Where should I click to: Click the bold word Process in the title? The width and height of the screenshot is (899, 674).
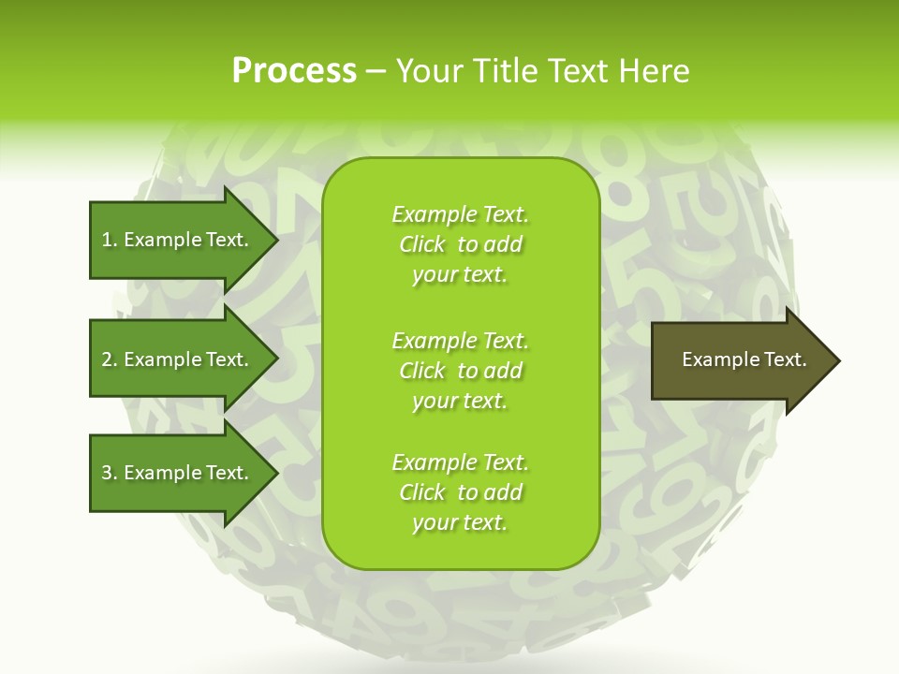(294, 71)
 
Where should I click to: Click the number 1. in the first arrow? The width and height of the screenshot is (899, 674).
(109, 240)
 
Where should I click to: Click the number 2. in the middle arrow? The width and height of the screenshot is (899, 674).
(109, 359)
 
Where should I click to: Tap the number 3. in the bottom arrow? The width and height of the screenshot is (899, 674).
(109, 473)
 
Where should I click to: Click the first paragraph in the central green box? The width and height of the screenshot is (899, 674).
(460, 244)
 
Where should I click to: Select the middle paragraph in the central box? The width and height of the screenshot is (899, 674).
(460, 371)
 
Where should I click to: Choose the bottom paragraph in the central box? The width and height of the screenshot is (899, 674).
(460, 492)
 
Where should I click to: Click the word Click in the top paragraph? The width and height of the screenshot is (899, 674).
(422, 244)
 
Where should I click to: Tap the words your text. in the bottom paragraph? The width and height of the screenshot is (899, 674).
(460, 522)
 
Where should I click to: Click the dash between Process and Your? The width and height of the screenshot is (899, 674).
(376, 72)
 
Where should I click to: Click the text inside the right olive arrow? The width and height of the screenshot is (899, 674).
(744, 359)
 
